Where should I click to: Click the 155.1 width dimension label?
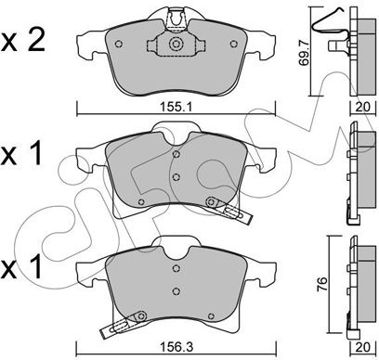click(176, 108)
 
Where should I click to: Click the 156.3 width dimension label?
click(176, 347)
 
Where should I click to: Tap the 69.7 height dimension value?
click(304, 55)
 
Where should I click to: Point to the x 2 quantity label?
click(23, 41)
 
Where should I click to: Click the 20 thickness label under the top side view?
click(363, 107)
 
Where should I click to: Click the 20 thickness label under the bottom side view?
click(363, 347)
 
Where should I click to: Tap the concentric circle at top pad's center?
click(176, 44)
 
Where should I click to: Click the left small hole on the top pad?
click(118, 44)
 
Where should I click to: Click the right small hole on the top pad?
click(234, 44)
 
